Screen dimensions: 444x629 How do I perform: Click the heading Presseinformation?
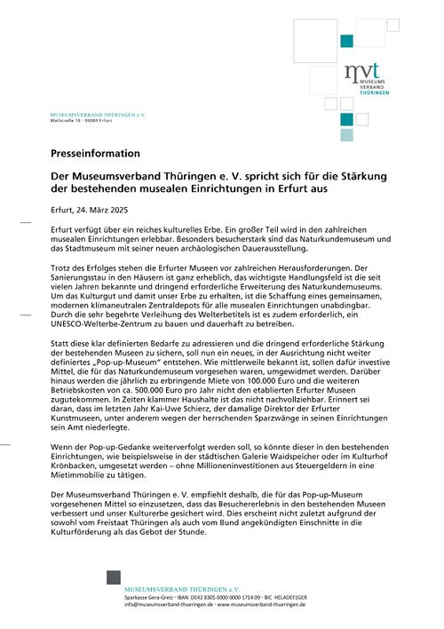95,154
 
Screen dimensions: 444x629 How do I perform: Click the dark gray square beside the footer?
113,578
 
